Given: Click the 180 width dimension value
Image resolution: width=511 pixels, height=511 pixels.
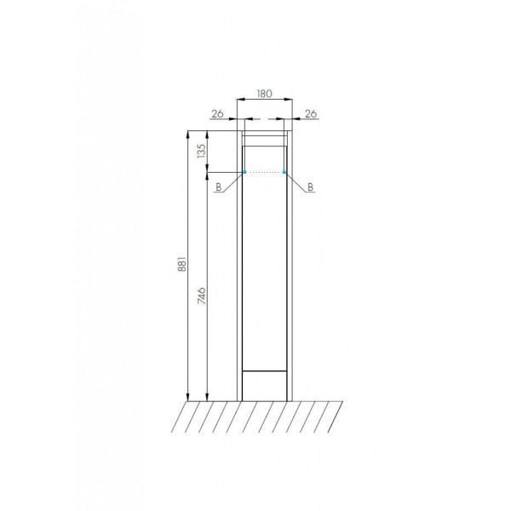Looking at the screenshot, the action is point(264,94).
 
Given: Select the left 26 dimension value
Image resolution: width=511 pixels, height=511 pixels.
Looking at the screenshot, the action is point(218,114).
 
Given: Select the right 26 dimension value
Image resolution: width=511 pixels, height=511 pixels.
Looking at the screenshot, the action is point(311,114).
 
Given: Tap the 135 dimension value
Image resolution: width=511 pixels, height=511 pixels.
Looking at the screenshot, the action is point(202,152).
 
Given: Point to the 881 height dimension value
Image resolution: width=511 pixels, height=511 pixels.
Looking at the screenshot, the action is point(182,264).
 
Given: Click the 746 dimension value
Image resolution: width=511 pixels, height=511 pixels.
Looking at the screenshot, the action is point(202,296).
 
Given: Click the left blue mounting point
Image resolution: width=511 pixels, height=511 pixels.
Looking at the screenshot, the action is point(244,172).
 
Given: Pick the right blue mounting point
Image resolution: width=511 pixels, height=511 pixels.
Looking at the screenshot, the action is point(284,172).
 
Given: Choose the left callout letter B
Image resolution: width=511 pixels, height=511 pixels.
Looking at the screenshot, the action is point(219,187).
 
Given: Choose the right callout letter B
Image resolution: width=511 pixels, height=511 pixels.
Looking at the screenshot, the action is point(310,187).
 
